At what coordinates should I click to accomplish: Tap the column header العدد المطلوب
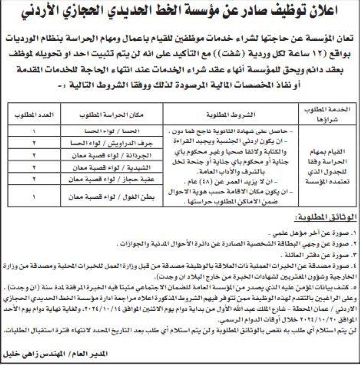[x=34, y=115]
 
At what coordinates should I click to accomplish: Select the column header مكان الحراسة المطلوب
[x=112, y=115]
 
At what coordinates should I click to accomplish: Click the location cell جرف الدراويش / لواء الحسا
[x=112, y=142]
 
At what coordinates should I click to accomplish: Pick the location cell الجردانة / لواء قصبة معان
[x=112, y=155]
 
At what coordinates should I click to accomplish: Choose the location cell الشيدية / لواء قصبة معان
[x=112, y=167]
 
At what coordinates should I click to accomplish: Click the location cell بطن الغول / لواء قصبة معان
[x=112, y=197]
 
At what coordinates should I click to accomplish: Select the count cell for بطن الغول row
[x=34, y=197]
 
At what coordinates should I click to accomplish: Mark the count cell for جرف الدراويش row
[x=34, y=142]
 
